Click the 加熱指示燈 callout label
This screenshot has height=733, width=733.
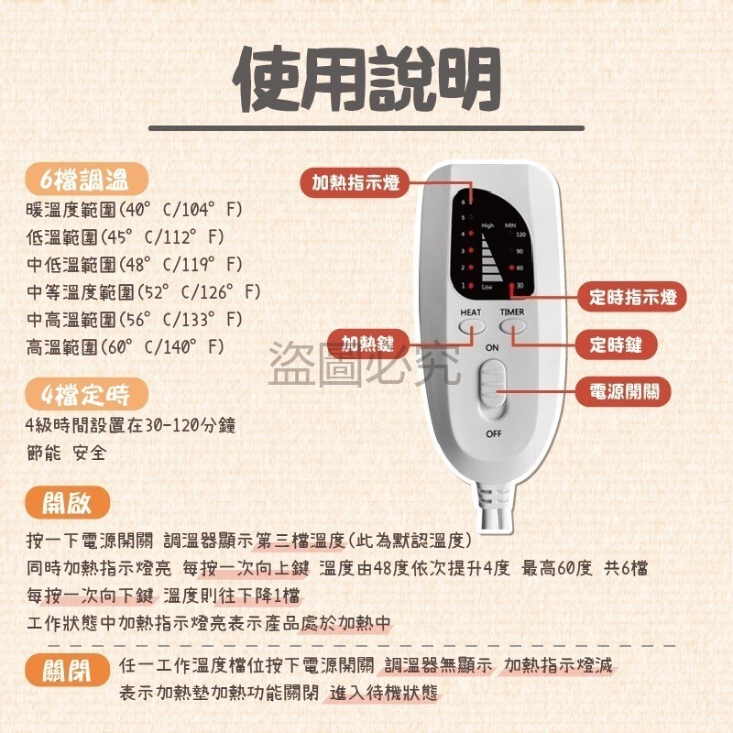pos(356,182)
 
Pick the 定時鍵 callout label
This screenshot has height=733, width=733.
pos(623,345)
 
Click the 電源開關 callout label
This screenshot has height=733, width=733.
pos(623,391)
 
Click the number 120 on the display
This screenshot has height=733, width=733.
pos(520,235)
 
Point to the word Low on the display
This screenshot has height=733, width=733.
pos(487,288)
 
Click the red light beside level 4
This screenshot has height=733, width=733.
pos(472,235)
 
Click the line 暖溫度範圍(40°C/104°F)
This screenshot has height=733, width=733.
pos(135,209)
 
